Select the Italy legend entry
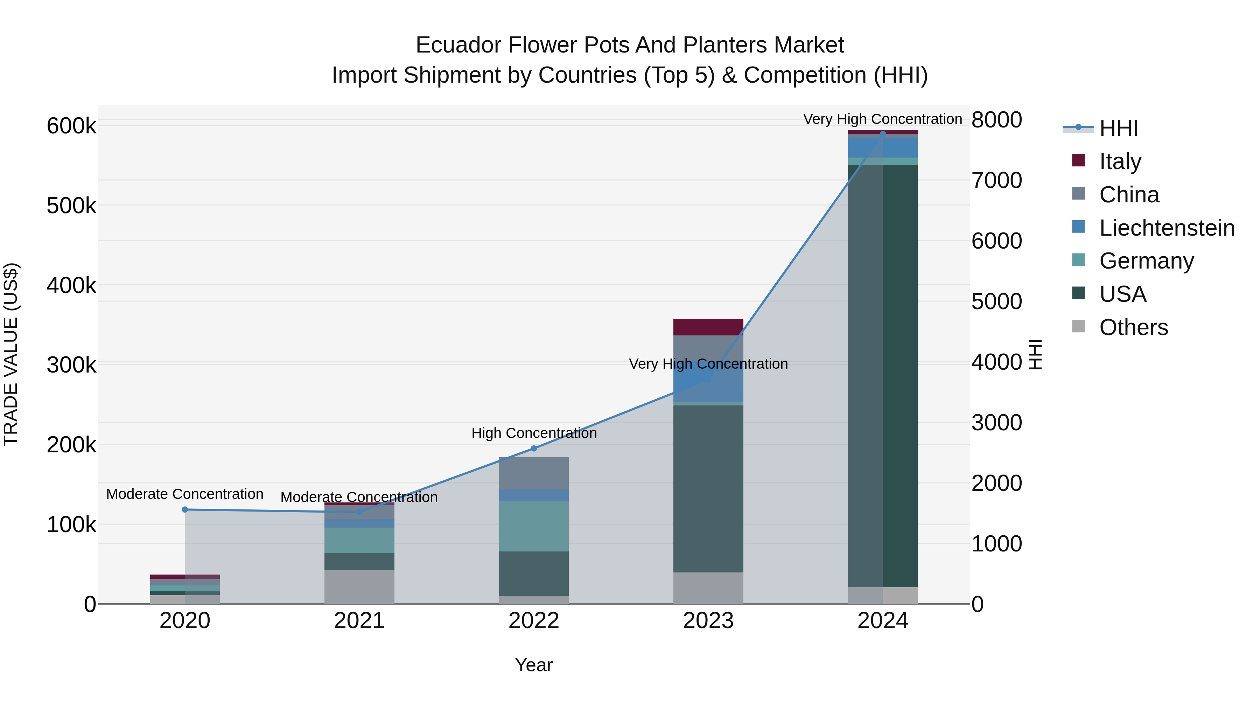1120,161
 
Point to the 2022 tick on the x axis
534,621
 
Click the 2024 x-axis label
882,621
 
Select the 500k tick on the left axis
71,206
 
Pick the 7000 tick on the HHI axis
996,181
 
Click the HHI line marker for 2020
185,509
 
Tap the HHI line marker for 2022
534,448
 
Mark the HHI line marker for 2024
882,134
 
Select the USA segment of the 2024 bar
882,376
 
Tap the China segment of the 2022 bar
534,473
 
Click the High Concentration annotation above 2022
534,433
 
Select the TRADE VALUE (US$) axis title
11,354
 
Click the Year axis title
534,665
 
